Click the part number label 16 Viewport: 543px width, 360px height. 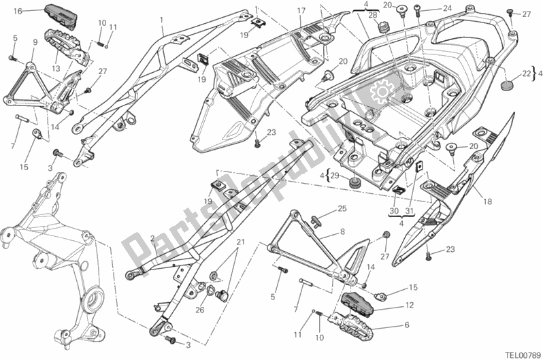18,11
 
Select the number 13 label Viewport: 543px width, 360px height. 56,68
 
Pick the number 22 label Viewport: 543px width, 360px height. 527,73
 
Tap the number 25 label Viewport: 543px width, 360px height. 342,208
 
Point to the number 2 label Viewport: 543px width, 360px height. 154,238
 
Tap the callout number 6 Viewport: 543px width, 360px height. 407,325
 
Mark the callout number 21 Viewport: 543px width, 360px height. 239,243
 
